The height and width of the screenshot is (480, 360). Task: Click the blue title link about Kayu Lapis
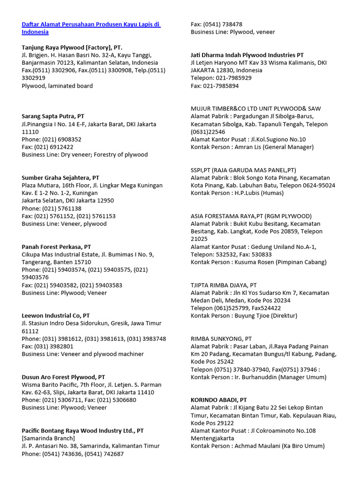[x=91, y=28]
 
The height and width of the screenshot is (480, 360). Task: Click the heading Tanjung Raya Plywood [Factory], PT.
[x=72, y=47]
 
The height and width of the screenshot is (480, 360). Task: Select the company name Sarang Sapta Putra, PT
[x=53, y=116]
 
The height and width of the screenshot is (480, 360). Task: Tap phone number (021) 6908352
[x=61, y=139]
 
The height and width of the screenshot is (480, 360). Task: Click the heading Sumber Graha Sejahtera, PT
[x=60, y=178]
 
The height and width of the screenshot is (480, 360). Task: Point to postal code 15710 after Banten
[x=82, y=262]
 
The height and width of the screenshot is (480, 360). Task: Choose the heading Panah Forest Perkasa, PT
[x=56, y=247]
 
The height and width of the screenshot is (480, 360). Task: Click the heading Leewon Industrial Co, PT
[x=56, y=315]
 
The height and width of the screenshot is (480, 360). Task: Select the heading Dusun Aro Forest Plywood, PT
[x=63, y=377]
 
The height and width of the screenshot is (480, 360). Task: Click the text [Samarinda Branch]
[x=48, y=438]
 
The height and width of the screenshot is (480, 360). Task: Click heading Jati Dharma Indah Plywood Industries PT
[x=247, y=55]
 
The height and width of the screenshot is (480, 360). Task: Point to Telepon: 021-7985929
[x=221, y=78]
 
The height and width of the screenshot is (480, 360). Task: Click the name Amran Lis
[x=248, y=147]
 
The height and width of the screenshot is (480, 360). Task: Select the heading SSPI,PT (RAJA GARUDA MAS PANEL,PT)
[x=243, y=170]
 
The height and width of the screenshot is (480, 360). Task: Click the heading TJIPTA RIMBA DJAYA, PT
[x=224, y=285]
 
